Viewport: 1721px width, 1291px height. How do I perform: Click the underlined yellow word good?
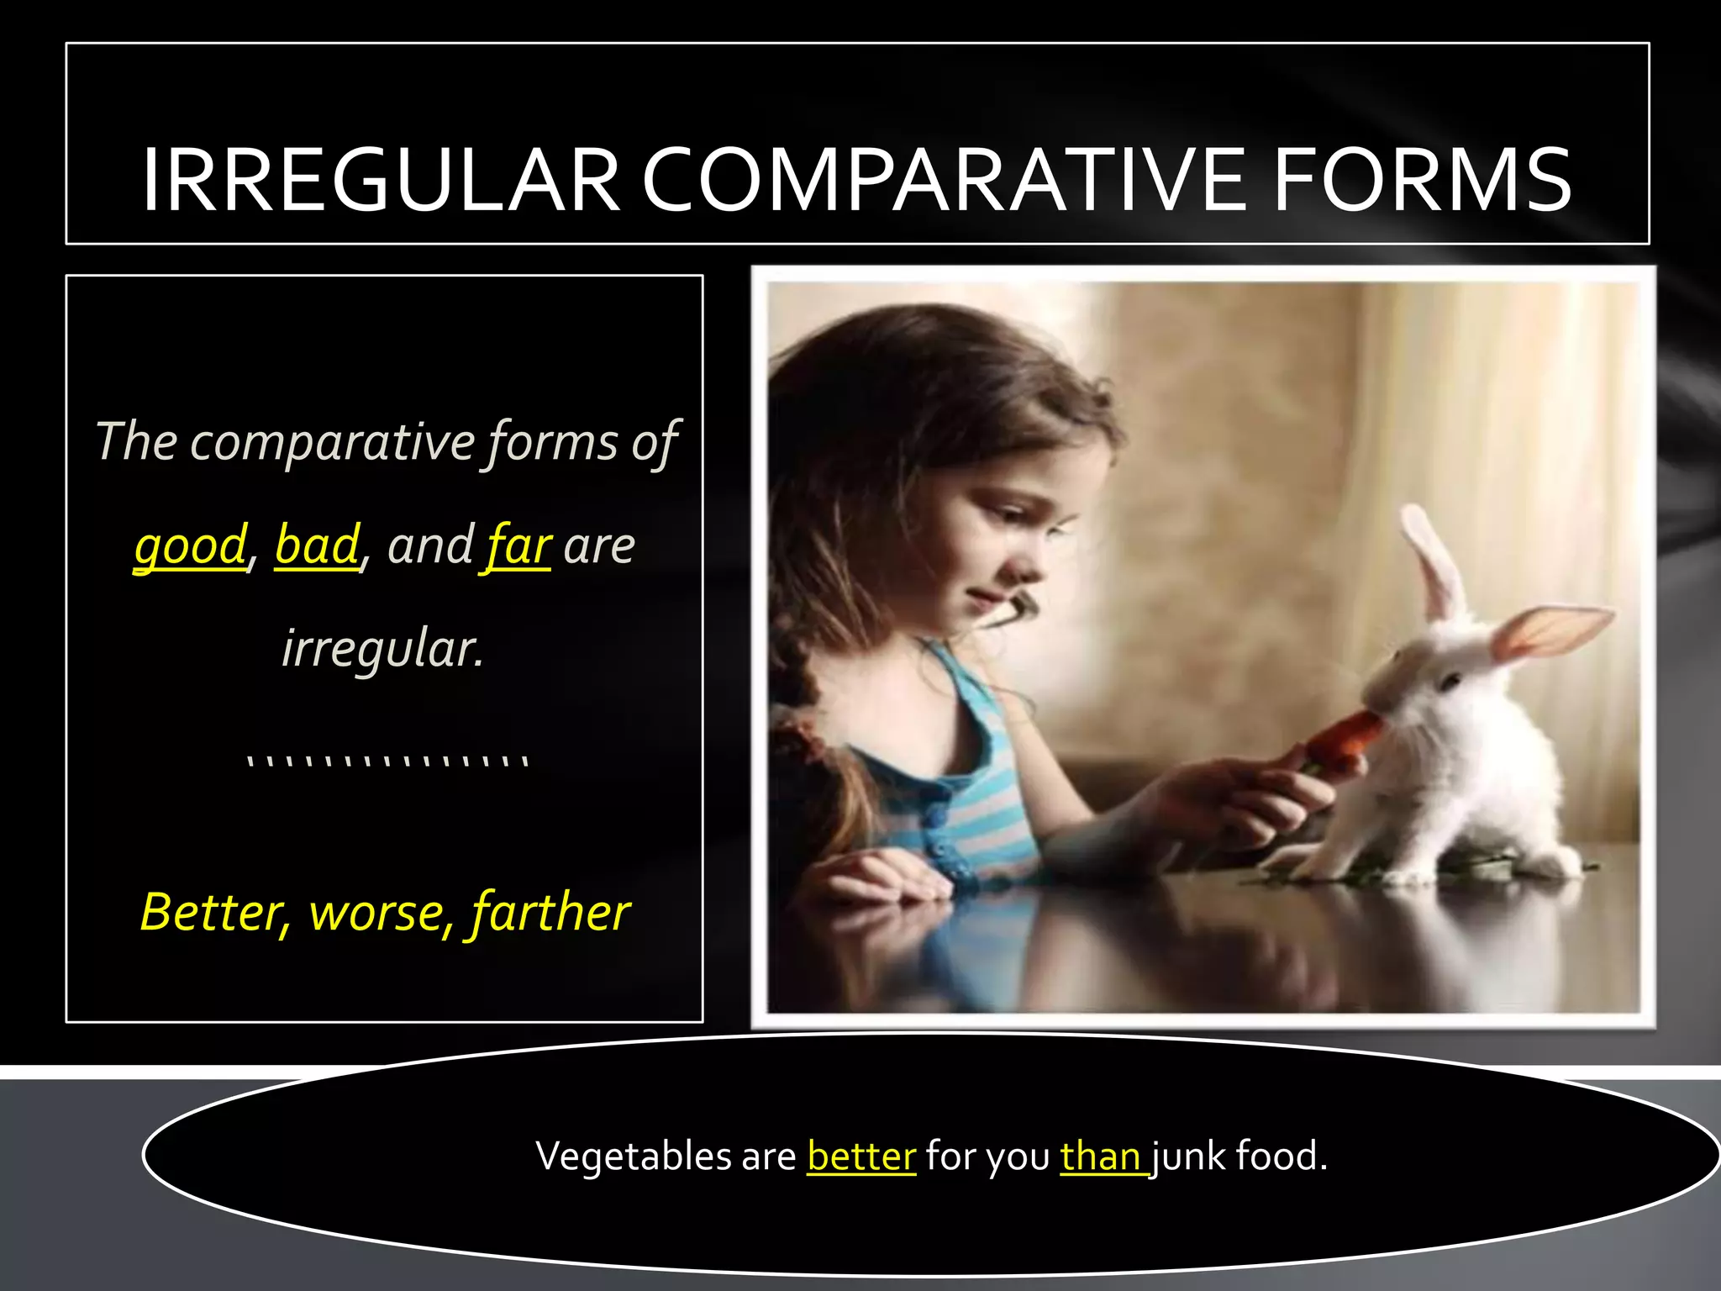tap(191, 546)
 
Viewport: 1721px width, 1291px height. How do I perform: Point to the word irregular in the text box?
tap(382, 649)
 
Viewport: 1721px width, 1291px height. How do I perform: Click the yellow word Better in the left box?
tap(213, 912)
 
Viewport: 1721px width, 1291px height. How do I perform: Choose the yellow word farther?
tap(550, 914)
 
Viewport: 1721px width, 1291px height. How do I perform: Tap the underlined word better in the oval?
tap(860, 1157)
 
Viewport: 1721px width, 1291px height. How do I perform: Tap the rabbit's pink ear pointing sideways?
tap(1555, 630)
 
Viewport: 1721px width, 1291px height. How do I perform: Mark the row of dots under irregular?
tap(387, 761)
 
